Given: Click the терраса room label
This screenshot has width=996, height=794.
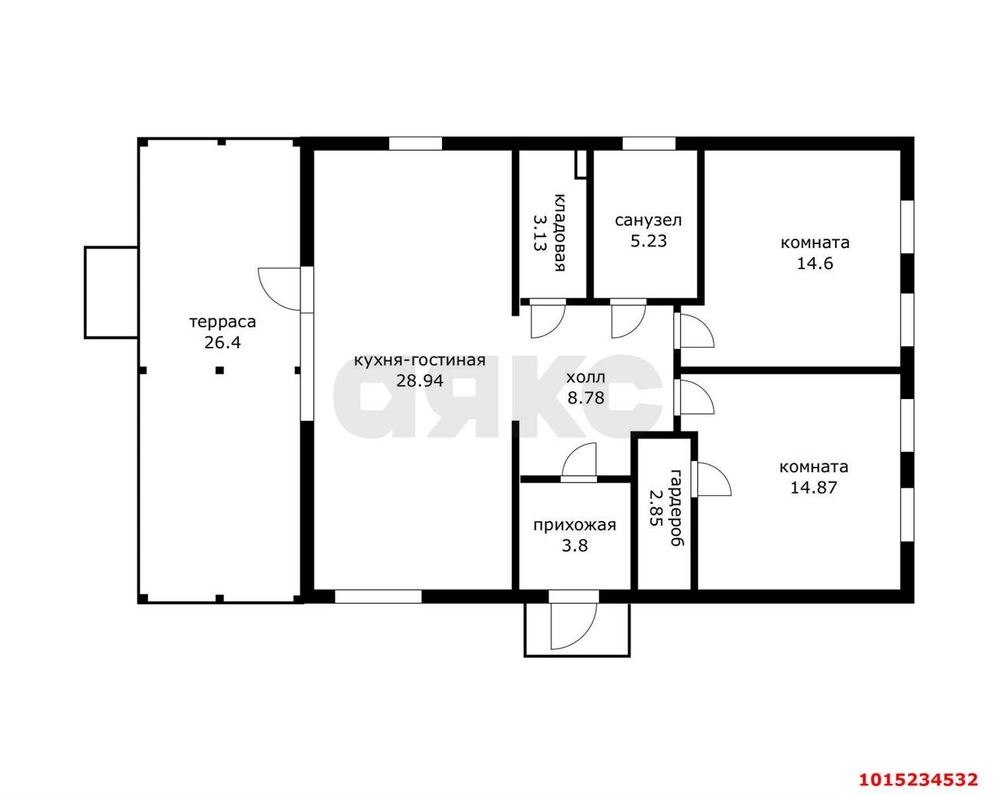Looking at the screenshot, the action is tap(223, 322).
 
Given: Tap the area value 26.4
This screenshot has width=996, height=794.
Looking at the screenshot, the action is tap(223, 343).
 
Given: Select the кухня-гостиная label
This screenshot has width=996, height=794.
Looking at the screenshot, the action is tap(419, 360).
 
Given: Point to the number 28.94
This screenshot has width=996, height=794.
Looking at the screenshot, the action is tap(419, 381).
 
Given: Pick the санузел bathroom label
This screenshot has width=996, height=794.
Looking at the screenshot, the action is tap(648, 221).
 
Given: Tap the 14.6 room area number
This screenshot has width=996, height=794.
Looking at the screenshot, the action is tap(815, 264).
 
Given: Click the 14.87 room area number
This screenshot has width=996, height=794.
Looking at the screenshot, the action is tap(814, 488).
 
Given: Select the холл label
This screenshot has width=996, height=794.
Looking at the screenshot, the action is tap(586, 378).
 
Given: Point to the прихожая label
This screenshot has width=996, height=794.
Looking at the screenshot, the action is tap(575, 526).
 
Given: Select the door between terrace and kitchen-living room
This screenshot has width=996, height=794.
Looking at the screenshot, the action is tap(279, 289).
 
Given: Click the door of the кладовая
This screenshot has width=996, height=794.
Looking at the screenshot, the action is tap(548, 318).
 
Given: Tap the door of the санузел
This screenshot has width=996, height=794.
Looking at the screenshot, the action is tap(629, 318).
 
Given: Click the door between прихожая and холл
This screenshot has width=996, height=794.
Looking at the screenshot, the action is tap(579, 462).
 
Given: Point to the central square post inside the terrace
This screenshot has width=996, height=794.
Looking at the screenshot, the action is tap(220, 370).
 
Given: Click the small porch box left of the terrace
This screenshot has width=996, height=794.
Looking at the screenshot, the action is tap(111, 292).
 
